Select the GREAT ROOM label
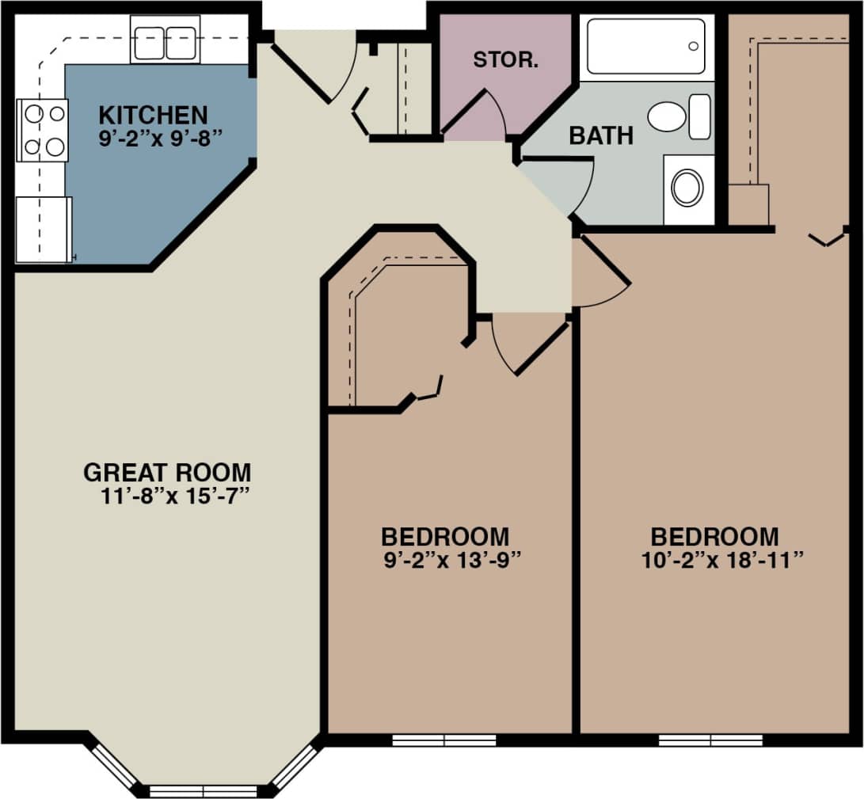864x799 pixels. (x=167, y=473)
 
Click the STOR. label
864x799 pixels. (x=505, y=60)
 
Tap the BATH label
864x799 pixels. (x=601, y=135)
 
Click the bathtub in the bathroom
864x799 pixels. (x=645, y=47)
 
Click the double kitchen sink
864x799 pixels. (x=165, y=43)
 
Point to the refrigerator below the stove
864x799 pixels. (x=44, y=230)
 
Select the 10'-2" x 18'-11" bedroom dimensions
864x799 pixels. (x=722, y=560)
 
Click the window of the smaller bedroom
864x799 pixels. (x=443, y=740)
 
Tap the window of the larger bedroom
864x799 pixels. (x=710, y=740)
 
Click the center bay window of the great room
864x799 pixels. (x=204, y=790)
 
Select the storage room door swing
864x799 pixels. (x=479, y=115)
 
